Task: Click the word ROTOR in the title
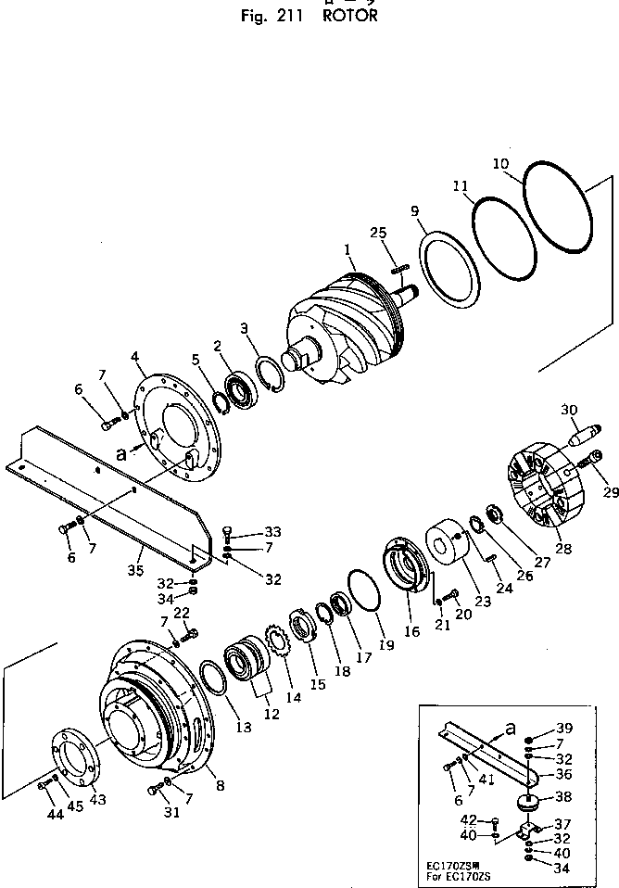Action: coord(351,16)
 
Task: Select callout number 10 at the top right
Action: coord(500,164)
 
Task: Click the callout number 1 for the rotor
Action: coord(347,249)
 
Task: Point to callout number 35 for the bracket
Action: coord(137,570)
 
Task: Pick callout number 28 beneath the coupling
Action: coord(563,549)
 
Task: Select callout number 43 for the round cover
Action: coord(97,800)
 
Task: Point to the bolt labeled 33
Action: coord(227,534)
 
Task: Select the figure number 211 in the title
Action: coord(291,16)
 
